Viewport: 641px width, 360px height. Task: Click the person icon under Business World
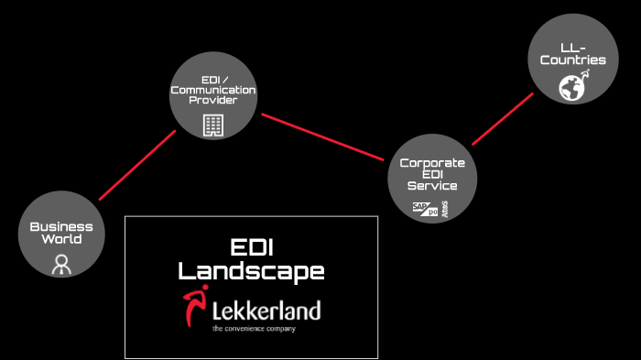tap(61, 264)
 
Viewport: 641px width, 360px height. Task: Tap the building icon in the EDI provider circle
tap(212, 125)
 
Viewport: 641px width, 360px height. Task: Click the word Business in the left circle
tap(61, 226)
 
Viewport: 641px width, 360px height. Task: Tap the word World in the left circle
tap(61, 239)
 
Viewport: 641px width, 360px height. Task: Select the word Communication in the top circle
tap(212, 90)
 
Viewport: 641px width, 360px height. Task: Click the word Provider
tap(212, 101)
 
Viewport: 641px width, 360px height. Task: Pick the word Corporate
tap(432, 162)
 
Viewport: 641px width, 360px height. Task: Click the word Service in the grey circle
tap(432, 186)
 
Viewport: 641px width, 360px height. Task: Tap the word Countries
tap(572, 60)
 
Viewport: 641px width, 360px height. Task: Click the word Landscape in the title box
tap(251, 271)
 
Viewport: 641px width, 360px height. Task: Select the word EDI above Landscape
tap(251, 248)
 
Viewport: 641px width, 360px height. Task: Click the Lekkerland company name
tap(266, 309)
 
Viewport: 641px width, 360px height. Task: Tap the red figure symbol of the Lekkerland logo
tap(194, 309)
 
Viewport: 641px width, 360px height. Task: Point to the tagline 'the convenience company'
tap(254, 328)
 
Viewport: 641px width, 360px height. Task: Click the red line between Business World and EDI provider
tap(136, 165)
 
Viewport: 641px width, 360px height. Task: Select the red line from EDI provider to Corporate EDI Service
tap(322, 136)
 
